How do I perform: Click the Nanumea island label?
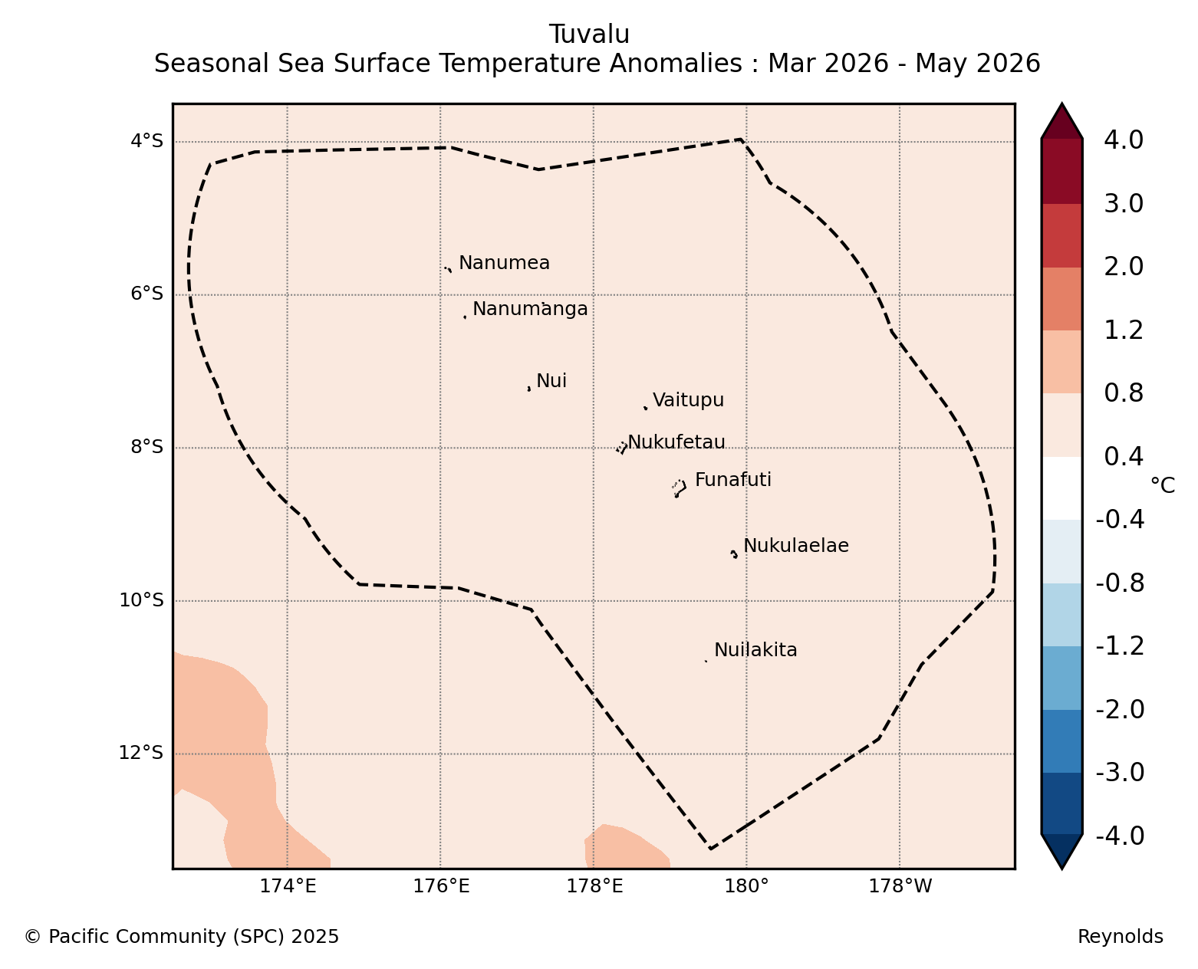[x=504, y=263]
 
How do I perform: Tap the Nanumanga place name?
[x=530, y=309]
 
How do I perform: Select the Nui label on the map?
[x=551, y=381]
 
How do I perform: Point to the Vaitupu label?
[x=688, y=401]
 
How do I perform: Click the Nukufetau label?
[x=676, y=442]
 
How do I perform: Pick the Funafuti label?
[x=733, y=480]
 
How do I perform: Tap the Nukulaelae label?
[x=796, y=546]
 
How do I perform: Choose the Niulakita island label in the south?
[x=755, y=650]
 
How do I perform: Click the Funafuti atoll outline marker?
[x=680, y=488]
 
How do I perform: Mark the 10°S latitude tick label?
[x=141, y=600]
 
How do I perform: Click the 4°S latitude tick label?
[x=146, y=141]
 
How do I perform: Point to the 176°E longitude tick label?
[x=441, y=886]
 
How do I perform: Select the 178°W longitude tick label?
[x=900, y=886]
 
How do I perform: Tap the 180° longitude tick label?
[x=745, y=886]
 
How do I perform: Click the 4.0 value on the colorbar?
[x=1123, y=140]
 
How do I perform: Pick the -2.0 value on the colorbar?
[x=1120, y=709]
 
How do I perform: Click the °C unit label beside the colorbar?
[x=1163, y=485]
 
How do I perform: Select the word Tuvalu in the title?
[x=589, y=34]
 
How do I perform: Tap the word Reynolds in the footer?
[x=1121, y=937]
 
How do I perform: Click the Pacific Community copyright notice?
[x=181, y=937]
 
